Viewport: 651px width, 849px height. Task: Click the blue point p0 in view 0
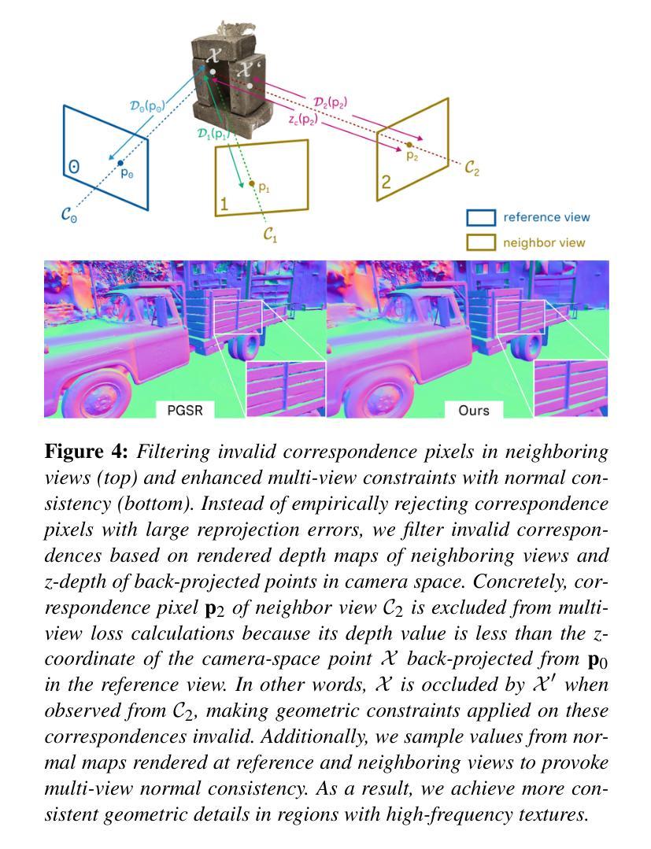coord(120,163)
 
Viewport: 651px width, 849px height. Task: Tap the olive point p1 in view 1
coord(251,183)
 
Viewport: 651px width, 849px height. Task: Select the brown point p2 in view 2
coord(409,145)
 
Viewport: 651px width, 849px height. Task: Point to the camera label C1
coord(272,234)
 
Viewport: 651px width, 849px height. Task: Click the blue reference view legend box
coord(481,218)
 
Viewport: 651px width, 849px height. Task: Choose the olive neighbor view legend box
coord(481,242)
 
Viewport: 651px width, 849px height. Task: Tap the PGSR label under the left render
coord(185,410)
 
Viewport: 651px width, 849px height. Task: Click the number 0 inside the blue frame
coord(74,166)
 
